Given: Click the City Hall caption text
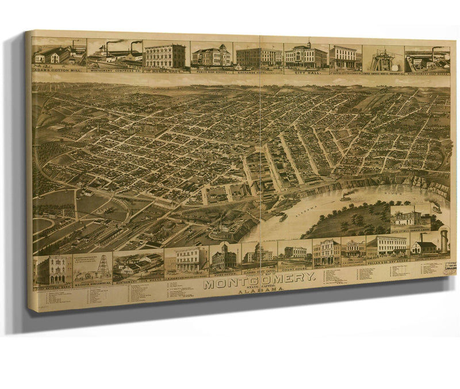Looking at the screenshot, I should (305, 72).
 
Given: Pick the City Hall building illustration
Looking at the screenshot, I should (306, 56).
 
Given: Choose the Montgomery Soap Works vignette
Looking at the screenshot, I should (427, 60).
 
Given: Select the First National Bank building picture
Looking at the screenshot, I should (52, 269).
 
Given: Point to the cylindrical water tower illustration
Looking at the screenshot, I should (443, 241).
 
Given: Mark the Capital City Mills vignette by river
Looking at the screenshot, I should (410, 217).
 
